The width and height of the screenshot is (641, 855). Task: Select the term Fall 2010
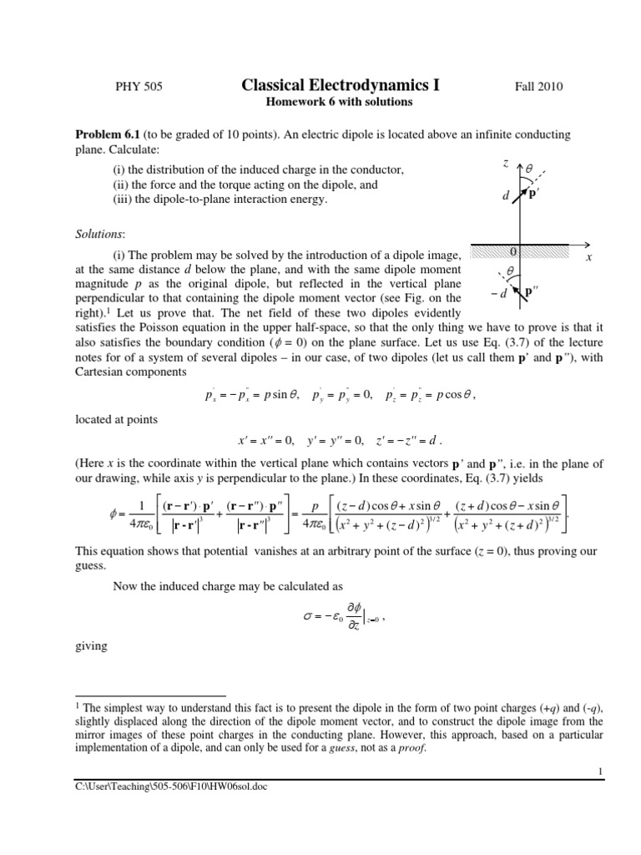540,87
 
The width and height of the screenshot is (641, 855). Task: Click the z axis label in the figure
506,164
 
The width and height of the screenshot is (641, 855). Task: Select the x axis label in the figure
588,258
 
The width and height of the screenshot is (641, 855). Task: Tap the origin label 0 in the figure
514,250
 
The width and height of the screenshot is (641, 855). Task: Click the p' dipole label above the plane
533,195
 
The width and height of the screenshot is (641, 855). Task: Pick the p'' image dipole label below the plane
528,291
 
